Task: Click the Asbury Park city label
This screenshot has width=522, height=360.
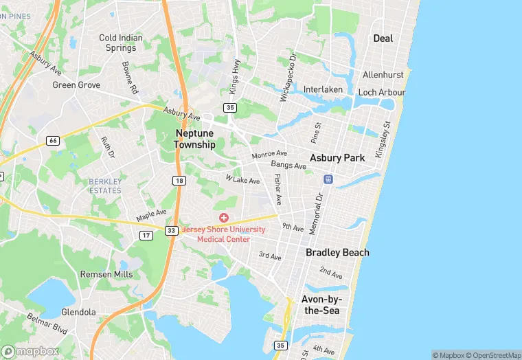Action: click(x=337, y=157)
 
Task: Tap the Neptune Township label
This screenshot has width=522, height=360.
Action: click(x=195, y=139)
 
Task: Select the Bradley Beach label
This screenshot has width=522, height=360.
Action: click(x=337, y=252)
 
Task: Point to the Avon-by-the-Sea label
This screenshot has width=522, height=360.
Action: click(x=321, y=304)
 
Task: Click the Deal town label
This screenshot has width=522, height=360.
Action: click(x=383, y=38)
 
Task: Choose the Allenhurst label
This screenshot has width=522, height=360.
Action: click(x=383, y=74)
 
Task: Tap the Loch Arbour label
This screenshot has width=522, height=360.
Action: click(x=382, y=92)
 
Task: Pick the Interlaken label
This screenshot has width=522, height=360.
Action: click(x=322, y=90)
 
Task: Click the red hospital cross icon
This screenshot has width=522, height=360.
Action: click(x=224, y=218)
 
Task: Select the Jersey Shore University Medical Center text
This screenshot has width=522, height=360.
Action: click(x=224, y=234)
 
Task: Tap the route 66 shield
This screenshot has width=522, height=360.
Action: click(x=52, y=140)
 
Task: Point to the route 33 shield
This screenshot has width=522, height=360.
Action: click(x=172, y=230)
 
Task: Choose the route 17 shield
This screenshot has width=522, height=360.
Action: click(x=146, y=236)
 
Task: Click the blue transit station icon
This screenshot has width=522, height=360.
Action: click(x=328, y=179)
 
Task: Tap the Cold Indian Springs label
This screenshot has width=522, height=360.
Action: click(x=121, y=43)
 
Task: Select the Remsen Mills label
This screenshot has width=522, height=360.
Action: click(x=106, y=273)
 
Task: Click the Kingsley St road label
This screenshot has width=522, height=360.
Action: click(x=382, y=139)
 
